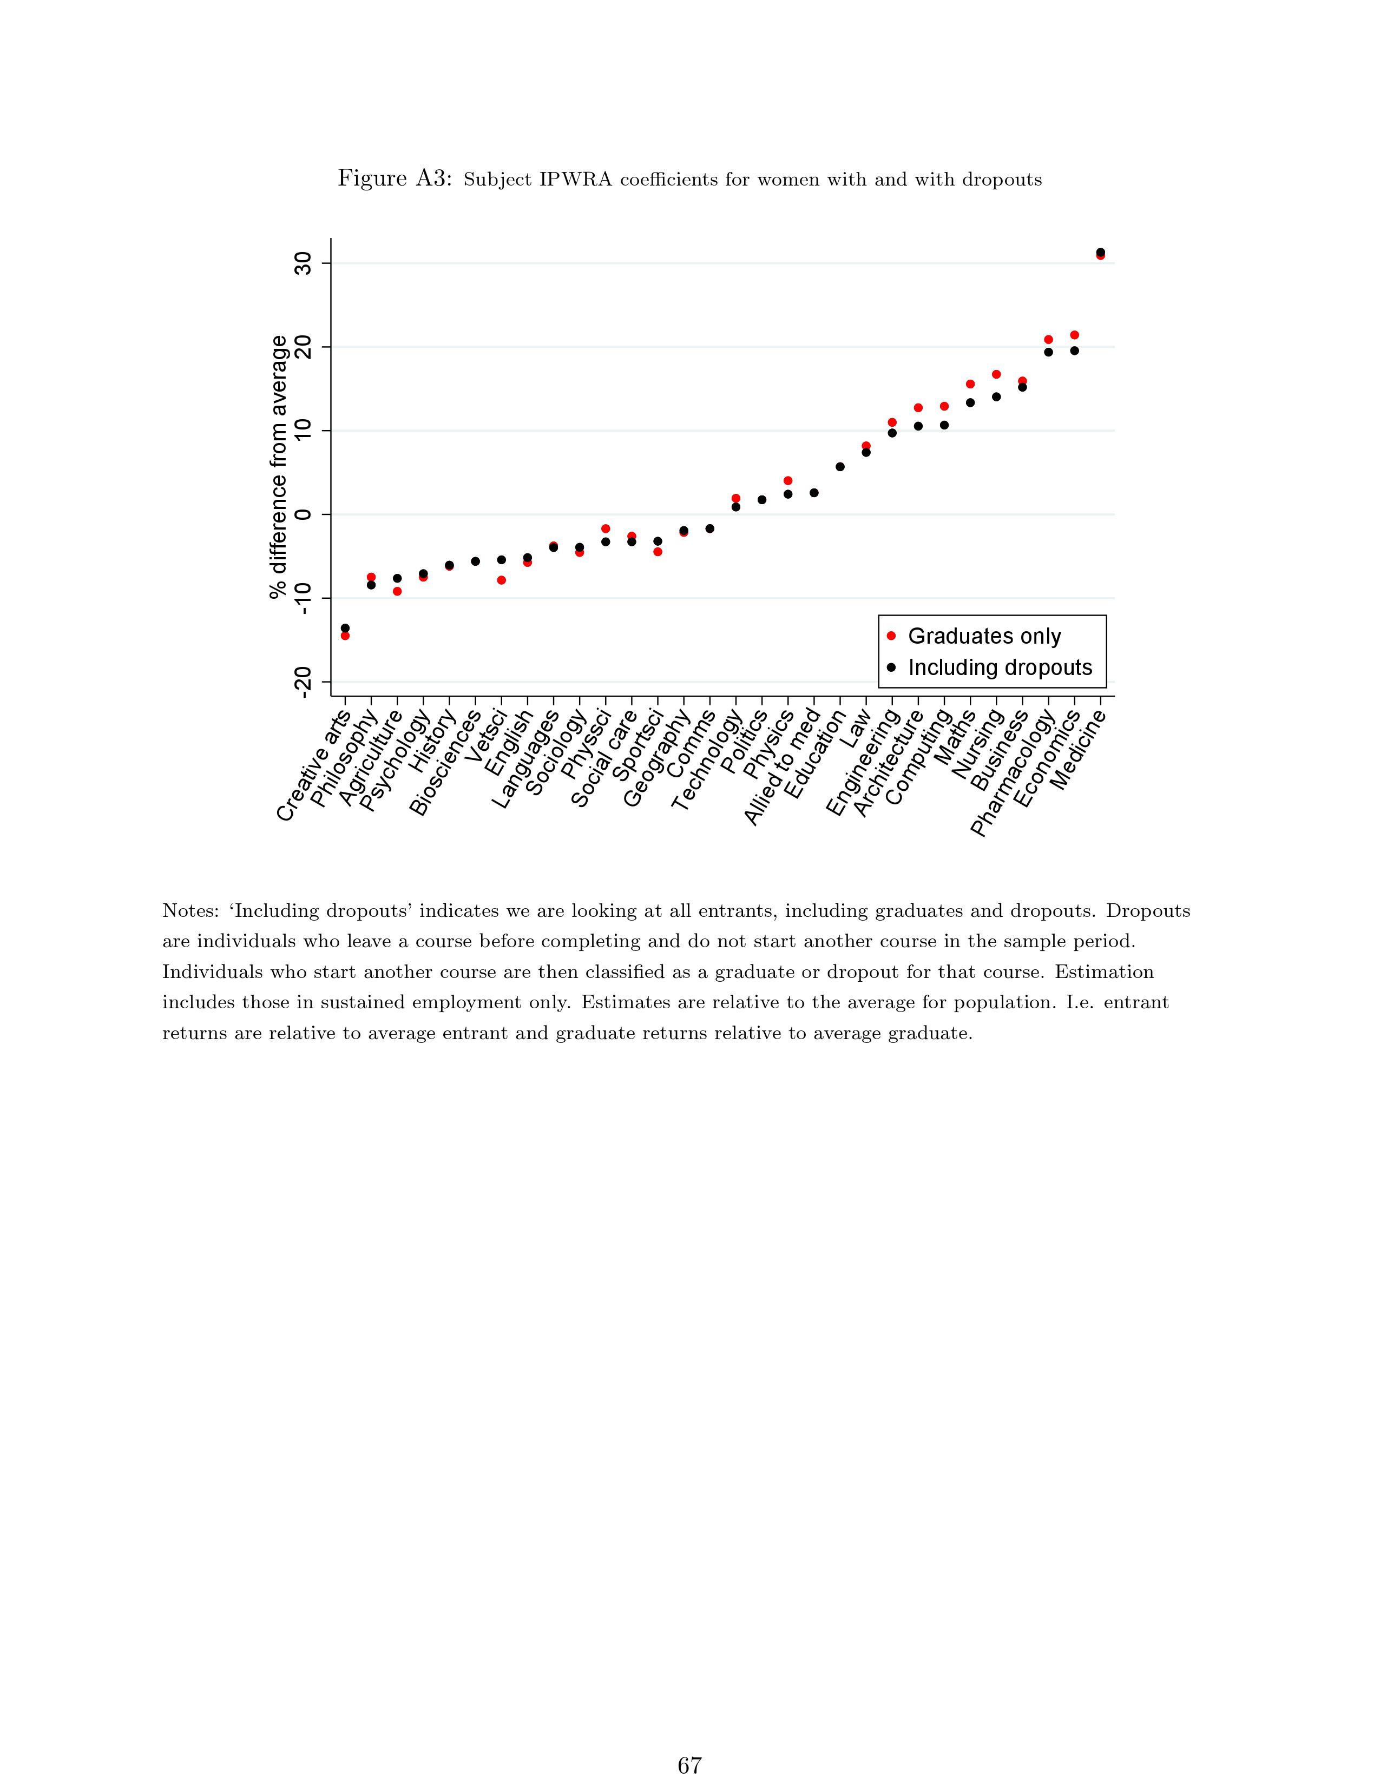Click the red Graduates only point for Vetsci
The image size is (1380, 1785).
coord(501,580)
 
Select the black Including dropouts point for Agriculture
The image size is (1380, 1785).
coord(397,578)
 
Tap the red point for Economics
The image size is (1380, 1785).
coord(1074,335)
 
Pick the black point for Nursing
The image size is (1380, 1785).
coord(996,396)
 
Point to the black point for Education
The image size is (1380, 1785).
coord(839,467)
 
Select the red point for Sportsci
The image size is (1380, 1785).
coord(658,552)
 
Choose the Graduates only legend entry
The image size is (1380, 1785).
coord(983,636)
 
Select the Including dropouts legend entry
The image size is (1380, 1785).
coord(999,667)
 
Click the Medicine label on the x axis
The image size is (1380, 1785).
coord(1079,750)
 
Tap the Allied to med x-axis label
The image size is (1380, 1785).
coord(783,766)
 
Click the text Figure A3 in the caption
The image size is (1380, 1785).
coord(394,179)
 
